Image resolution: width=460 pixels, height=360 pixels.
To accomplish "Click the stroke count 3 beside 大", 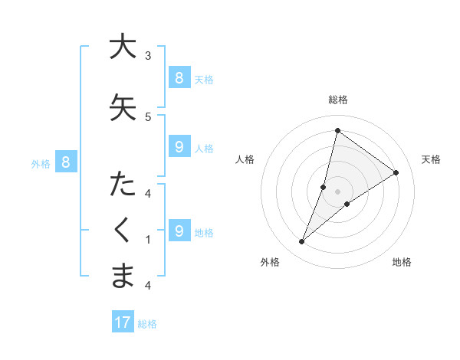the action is click(x=148, y=55).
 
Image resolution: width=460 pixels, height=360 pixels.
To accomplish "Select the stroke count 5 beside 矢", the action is click(x=148, y=116).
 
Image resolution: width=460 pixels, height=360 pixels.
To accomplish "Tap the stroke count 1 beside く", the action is click(x=148, y=240).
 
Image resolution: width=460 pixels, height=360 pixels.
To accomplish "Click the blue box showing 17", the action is click(x=123, y=322).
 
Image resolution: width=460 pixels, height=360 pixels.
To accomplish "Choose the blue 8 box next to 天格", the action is click(x=179, y=77).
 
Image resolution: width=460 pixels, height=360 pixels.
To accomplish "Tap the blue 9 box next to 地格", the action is click(x=179, y=231).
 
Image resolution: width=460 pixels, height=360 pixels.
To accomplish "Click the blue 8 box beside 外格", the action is click(x=66, y=162).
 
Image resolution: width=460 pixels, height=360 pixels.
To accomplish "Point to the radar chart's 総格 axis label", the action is click(x=337, y=100).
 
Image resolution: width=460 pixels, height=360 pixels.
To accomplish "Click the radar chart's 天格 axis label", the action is click(x=431, y=159).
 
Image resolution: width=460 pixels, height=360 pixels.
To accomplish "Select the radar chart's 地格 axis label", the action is click(x=402, y=262).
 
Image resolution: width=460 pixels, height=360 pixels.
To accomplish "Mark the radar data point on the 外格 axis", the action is click(x=301, y=242).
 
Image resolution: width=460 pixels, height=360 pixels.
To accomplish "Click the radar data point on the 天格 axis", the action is click(x=396, y=172).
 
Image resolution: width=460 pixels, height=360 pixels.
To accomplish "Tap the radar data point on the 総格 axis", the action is click(x=337, y=130).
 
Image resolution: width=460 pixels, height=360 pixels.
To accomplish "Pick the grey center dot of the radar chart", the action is click(x=337, y=191).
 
